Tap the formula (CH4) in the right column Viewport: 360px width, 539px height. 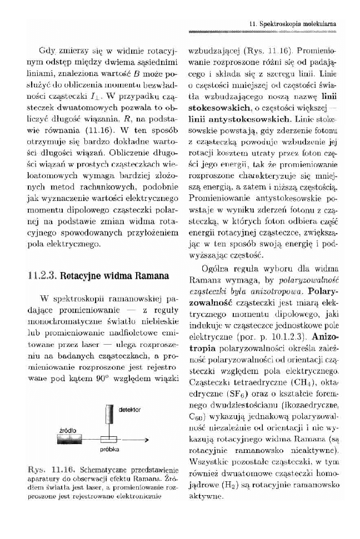pyautogui.click(x=296, y=382)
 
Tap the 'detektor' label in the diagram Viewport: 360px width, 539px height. pyautogui.click(x=129, y=409)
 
